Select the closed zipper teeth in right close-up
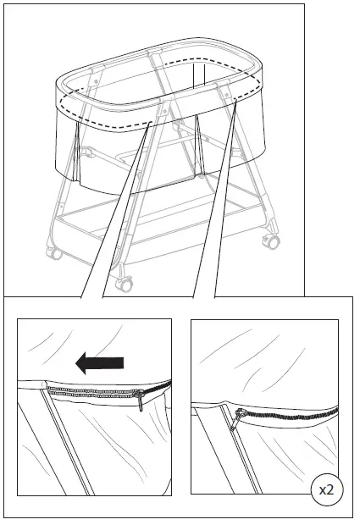click(292, 415)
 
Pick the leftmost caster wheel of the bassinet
click(53, 252)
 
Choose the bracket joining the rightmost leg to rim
click(233, 94)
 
